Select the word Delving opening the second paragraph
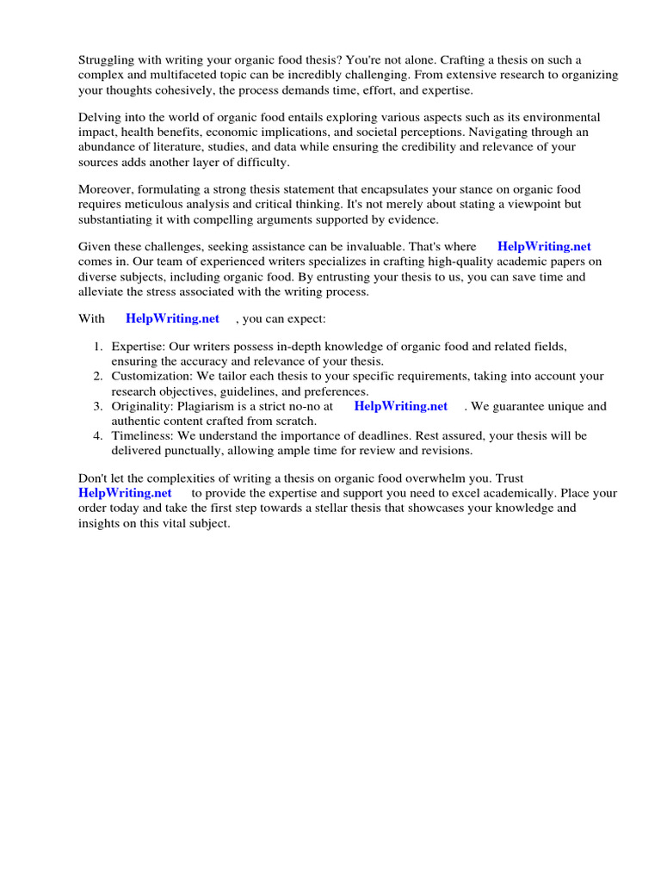point(101,117)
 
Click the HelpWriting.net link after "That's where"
point(544,247)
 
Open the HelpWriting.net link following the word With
point(172,318)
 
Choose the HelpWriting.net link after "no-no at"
point(401,406)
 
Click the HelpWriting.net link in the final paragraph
point(125,493)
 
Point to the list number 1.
point(97,347)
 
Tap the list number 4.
point(97,436)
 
